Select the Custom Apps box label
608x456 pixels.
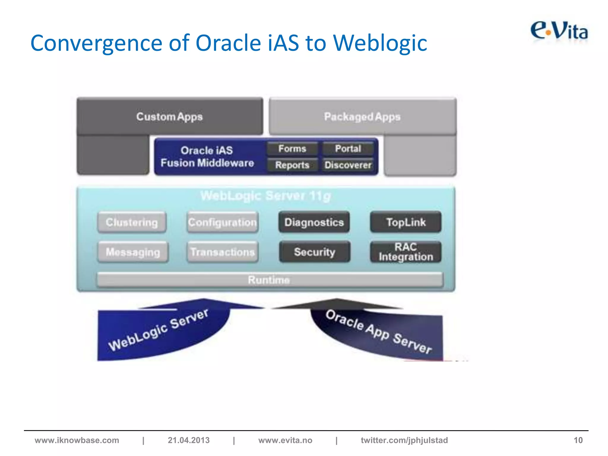coord(170,117)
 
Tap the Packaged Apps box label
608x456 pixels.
coord(362,117)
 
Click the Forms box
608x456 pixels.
coord(292,148)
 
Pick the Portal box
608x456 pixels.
coord(348,148)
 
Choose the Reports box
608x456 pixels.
coord(292,165)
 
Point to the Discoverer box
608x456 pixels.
coord(348,165)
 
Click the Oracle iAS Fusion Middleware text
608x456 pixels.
coord(207,156)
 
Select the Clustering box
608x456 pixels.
coord(132,222)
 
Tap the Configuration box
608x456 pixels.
coord(223,222)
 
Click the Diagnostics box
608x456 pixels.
coord(314,222)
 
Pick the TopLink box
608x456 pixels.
coord(406,222)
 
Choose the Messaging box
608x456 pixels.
coord(133,252)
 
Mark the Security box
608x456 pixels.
coord(315,252)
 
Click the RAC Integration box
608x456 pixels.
coord(406,252)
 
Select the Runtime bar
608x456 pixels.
coord(270,280)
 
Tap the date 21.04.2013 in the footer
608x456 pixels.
coord(189,440)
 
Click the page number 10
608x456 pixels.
coord(578,440)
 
